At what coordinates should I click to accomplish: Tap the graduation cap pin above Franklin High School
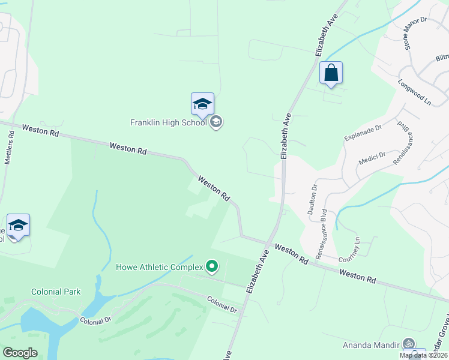point(202,104)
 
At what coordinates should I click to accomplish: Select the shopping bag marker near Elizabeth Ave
point(331,73)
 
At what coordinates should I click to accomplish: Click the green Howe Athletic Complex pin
point(211,265)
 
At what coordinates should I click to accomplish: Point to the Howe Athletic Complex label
point(160,266)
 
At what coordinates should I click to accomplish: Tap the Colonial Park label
point(56,292)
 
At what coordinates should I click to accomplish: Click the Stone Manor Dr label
point(414,33)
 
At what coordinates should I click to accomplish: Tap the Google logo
point(20,352)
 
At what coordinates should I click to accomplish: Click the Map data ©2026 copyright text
point(423,355)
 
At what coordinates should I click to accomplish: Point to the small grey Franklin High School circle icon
point(217,122)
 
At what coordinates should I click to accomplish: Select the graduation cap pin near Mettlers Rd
point(18,226)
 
